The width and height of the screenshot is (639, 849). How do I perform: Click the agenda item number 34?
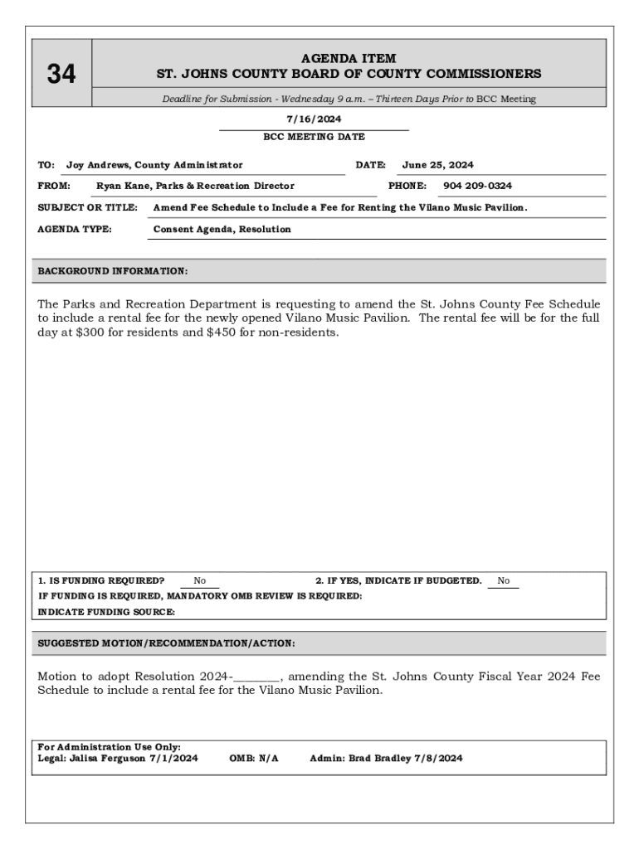(x=61, y=75)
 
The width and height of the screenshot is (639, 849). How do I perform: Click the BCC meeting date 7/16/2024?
(x=314, y=119)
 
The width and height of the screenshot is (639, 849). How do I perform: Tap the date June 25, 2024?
(x=437, y=165)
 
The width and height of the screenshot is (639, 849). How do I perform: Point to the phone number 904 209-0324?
(x=477, y=186)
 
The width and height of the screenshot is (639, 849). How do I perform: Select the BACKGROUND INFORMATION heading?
(x=113, y=271)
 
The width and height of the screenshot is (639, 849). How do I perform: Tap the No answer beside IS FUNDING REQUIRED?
(x=200, y=581)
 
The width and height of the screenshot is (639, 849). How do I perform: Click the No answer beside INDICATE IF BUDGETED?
(x=504, y=581)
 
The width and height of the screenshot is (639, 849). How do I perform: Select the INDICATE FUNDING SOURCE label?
(x=107, y=612)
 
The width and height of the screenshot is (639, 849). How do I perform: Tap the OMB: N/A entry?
(x=254, y=758)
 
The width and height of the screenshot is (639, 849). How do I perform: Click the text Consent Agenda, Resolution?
(x=222, y=229)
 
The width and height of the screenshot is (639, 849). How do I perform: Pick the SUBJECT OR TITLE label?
(x=88, y=207)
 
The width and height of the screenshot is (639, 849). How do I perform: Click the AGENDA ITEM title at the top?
(x=349, y=59)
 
